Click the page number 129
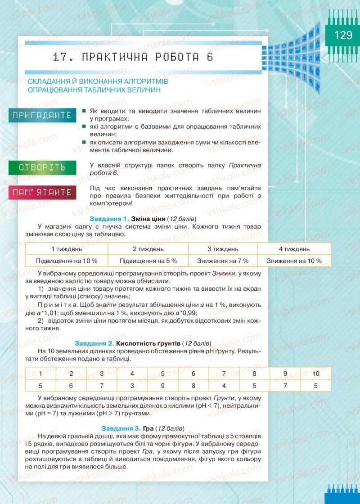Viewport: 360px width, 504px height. pos(343,35)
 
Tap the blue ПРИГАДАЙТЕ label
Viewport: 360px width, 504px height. pos(42,115)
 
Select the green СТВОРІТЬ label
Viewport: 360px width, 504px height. pos(42,167)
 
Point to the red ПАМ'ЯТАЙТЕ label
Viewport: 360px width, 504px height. pos(42,193)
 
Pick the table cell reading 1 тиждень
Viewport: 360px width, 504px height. pos(67,248)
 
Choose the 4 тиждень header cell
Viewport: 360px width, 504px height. pos(294,248)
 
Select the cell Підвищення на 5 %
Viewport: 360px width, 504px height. pos(148,261)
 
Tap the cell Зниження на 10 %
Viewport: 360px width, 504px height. pos(294,261)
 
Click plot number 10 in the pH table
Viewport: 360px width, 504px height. pos(315,373)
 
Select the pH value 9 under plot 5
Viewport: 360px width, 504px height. pos(162,386)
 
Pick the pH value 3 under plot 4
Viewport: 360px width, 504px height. pos(132,386)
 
